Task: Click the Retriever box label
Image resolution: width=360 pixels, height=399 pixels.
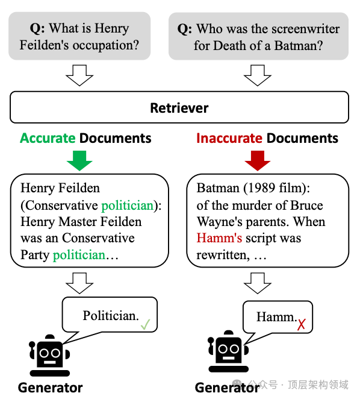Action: tap(179, 108)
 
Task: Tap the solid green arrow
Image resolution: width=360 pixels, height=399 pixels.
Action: tap(79, 160)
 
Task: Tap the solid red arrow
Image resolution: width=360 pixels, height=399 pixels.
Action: tap(258, 160)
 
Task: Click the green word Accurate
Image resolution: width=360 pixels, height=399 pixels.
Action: tap(48, 138)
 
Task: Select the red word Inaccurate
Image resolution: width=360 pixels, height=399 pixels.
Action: tap(229, 138)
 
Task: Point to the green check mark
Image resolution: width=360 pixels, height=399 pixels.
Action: tap(146, 324)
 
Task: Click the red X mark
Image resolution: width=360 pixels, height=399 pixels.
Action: tap(301, 325)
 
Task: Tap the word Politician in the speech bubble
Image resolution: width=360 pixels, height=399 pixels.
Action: tap(111, 316)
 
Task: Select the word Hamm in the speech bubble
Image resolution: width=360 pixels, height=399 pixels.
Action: tap(275, 317)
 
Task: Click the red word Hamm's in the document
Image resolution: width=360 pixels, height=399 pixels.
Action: tap(219, 238)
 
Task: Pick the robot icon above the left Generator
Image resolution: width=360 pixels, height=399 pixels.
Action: tap(49, 355)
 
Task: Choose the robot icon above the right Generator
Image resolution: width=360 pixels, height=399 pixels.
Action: tap(228, 351)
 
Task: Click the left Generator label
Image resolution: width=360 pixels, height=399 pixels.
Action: tap(51, 388)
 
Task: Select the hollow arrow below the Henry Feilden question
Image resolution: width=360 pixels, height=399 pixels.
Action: tap(79, 75)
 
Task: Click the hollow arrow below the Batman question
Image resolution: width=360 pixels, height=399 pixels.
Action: tap(258, 75)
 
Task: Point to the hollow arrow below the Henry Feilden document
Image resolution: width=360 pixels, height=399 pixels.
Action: tap(79, 283)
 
